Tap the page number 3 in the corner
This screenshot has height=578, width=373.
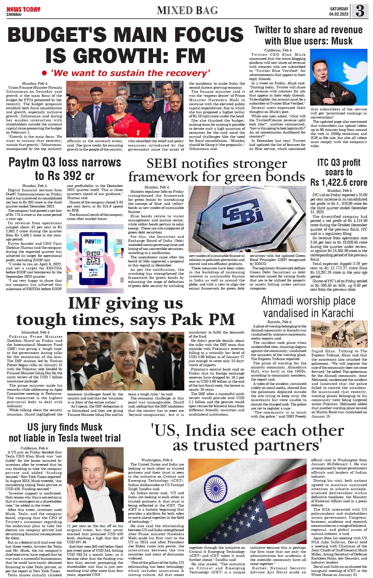coord(360,11)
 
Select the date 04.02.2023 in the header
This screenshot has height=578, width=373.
coord(339,14)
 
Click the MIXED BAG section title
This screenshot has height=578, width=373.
coord(187,11)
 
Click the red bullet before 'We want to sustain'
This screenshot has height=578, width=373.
coord(44,73)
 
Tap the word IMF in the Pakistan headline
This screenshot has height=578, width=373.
coord(84,303)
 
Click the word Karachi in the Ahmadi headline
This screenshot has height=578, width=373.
coord(337,313)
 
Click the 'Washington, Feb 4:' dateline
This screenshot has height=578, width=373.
coord(157,460)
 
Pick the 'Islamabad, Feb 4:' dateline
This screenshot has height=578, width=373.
coord(36,332)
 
